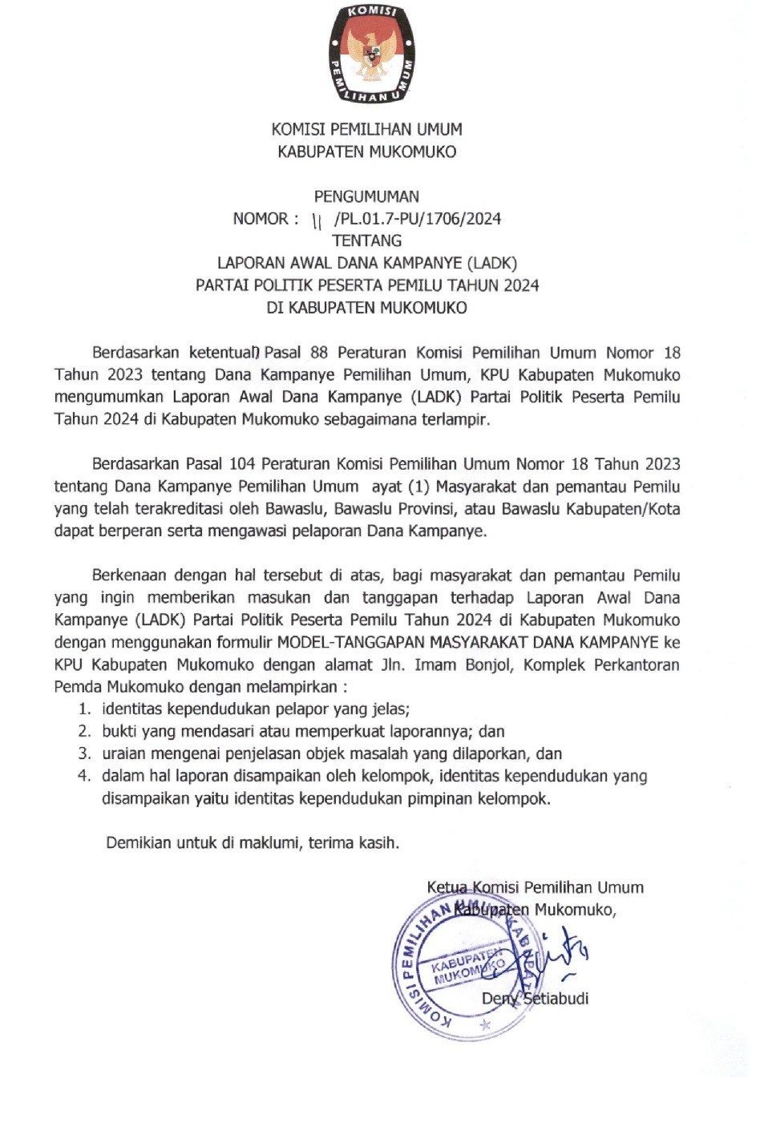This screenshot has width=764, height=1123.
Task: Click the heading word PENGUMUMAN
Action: [366, 196]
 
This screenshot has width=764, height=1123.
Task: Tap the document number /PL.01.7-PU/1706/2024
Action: [418, 219]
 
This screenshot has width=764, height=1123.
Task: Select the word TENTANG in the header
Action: [366, 240]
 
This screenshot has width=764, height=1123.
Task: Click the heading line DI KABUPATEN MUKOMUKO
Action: [366, 308]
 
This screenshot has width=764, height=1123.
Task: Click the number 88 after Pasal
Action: [319, 353]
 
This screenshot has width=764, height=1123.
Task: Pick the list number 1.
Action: [83, 709]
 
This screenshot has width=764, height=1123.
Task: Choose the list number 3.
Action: [83, 754]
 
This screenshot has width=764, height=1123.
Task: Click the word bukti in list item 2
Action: [119, 732]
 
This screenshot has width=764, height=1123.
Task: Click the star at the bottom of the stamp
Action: [483, 1025]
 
